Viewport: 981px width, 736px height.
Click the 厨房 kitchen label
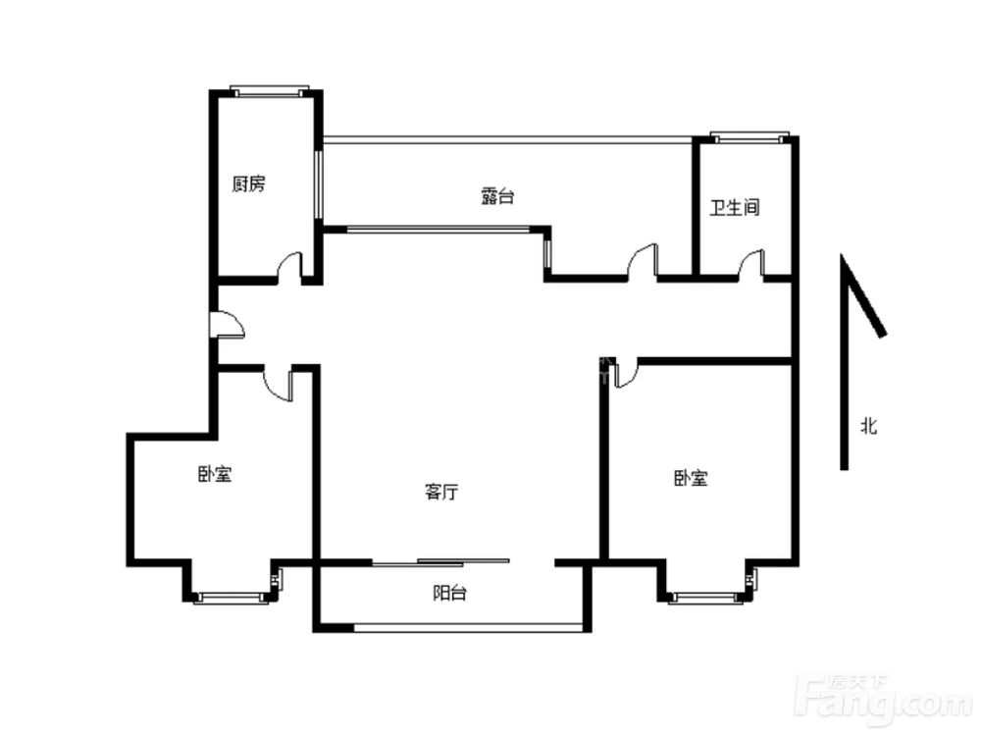click(248, 184)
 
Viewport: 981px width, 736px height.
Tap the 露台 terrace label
click(497, 196)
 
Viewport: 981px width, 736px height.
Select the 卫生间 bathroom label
click(735, 207)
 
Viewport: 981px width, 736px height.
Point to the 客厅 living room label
click(441, 492)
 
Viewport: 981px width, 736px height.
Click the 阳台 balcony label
click(449, 593)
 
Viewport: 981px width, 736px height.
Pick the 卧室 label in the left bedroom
click(215, 474)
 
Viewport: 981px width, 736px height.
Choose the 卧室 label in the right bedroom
click(691, 479)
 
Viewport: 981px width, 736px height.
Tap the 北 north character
click(868, 427)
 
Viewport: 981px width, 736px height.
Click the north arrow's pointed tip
click(842, 254)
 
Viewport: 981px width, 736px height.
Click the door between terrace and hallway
click(642, 259)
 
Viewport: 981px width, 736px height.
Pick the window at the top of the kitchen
click(270, 91)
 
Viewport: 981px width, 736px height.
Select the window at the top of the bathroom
click(749, 137)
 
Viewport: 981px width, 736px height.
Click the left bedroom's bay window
click(233, 597)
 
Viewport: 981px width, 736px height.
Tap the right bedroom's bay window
click(709, 597)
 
